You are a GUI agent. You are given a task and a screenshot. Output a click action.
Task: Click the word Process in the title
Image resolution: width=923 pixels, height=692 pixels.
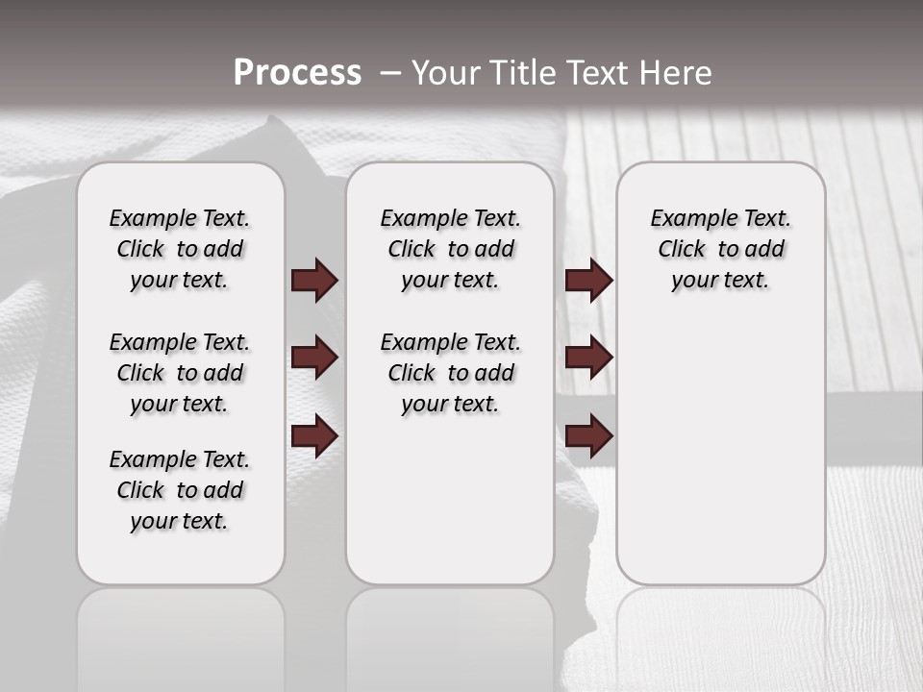click(297, 73)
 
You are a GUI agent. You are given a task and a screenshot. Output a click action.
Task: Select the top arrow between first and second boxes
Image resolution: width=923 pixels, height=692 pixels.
click(314, 280)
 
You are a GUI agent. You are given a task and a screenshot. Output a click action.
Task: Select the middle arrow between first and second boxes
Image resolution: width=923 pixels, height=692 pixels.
click(314, 358)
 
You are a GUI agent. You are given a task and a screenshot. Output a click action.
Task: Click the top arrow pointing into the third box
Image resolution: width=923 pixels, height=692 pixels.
click(588, 280)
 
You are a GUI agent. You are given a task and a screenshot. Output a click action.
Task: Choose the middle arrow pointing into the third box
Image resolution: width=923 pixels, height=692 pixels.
click(588, 358)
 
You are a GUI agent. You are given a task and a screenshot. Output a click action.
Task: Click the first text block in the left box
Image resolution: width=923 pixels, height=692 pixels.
click(180, 249)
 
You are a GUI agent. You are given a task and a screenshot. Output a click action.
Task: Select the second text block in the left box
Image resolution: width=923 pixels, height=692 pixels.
click(180, 373)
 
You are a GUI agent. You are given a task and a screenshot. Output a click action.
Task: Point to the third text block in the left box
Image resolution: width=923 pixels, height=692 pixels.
click(180, 490)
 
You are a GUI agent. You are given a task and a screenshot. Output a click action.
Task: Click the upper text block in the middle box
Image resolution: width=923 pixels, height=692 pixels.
click(450, 249)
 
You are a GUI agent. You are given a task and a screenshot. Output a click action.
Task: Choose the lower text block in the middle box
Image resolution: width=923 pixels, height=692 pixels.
click(450, 373)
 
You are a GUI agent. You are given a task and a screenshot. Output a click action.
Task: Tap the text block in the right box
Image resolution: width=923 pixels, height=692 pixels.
click(721, 249)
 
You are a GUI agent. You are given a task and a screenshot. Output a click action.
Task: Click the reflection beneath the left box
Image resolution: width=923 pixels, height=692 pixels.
click(181, 634)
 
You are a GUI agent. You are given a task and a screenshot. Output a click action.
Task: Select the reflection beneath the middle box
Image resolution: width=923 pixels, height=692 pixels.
click(450, 634)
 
